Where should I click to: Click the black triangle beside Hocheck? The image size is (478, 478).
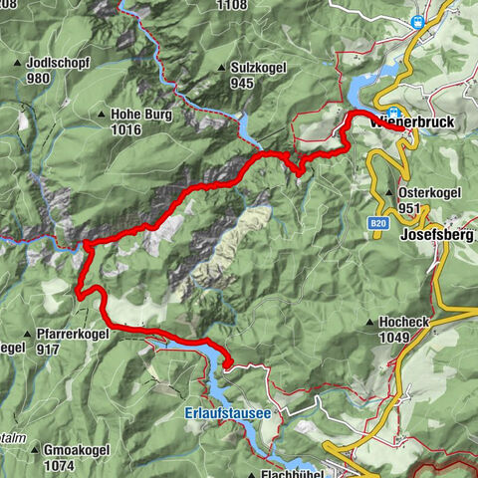(368, 323)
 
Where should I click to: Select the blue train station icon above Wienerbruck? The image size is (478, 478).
(396, 113)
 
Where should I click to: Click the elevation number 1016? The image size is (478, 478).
(129, 129)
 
